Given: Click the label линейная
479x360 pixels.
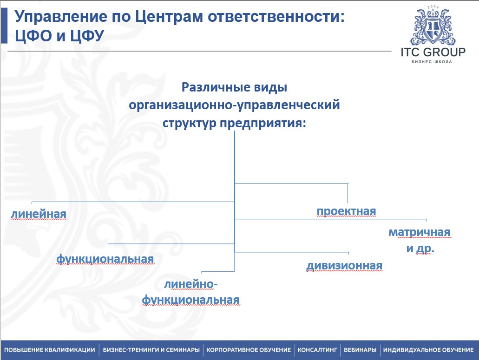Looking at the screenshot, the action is [39, 214].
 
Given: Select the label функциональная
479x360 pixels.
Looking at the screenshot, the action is [105, 259].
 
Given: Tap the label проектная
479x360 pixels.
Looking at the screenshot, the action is [346, 211].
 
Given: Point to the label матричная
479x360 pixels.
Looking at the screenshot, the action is [419, 232].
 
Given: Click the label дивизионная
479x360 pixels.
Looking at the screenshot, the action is [344, 266].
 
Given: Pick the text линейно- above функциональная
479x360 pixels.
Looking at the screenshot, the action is [190, 284].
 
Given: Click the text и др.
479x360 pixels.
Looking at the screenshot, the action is [420, 249].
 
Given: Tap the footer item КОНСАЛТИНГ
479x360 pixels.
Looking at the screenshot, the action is [317, 350].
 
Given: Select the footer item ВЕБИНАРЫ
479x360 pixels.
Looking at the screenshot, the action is [360, 350].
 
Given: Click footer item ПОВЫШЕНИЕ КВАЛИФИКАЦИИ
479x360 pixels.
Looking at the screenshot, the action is [50, 350].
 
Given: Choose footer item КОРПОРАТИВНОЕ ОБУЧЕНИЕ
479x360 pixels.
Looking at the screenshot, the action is [249, 350].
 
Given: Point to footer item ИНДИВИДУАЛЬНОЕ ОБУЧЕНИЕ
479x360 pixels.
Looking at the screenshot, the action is [428, 350].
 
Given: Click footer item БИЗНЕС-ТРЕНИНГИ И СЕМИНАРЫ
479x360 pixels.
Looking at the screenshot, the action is [151, 350].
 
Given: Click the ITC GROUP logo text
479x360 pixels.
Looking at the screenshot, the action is [433, 52].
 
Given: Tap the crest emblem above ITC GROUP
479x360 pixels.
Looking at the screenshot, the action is [433, 26].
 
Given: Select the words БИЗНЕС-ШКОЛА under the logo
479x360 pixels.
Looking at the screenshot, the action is [432, 62].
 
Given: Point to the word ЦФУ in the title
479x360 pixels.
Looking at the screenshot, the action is [88, 36].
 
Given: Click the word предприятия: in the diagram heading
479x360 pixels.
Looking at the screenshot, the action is [263, 124].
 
